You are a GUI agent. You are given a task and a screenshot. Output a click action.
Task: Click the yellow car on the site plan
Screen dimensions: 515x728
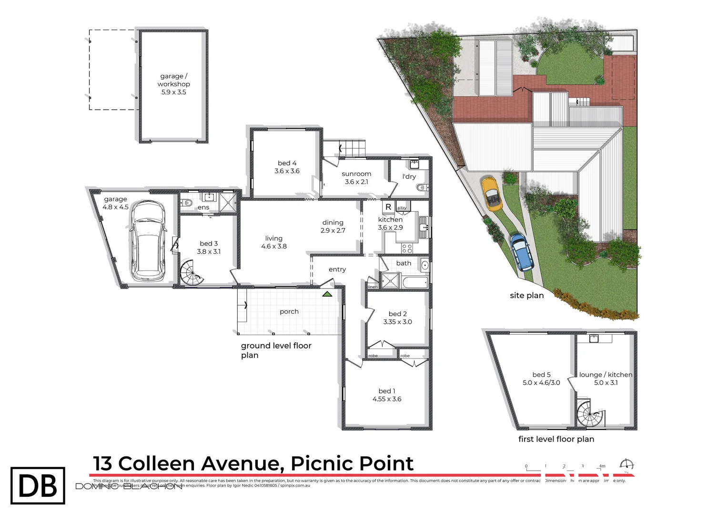[x=492, y=194]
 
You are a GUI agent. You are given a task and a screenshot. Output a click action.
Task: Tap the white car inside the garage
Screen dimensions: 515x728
[x=148, y=241]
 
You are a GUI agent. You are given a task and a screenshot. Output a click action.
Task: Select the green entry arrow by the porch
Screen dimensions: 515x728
[x=327, y=294]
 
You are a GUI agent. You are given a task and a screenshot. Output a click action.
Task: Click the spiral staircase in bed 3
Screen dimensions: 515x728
[x=192, y=274]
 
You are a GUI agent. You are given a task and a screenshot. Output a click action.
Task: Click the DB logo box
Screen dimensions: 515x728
[x=38, y=485]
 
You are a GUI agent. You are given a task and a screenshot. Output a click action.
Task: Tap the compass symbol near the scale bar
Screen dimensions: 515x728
[x=627, y=465]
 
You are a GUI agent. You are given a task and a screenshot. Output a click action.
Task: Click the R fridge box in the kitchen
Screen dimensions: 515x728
[x=388, y=207]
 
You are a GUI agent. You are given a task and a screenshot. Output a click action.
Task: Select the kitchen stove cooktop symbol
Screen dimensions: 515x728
[x=407, y=248]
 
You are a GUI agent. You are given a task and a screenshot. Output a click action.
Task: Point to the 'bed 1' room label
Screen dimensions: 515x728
[x=387, y=391]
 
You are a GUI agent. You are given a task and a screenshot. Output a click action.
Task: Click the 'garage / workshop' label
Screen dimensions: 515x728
[x=174, y=80]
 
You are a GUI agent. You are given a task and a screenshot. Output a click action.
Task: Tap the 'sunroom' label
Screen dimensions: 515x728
[x=356, y=174]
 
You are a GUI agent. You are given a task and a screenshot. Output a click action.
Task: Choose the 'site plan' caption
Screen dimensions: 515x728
[x=526, y=296]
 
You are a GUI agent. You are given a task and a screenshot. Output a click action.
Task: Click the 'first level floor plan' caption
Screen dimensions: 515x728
[x=556, y=439]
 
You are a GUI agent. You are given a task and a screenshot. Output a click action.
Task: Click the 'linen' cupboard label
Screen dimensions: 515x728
[x=373, y=287]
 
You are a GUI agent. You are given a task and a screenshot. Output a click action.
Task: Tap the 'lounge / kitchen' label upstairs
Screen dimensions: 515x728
[x=606, y=375]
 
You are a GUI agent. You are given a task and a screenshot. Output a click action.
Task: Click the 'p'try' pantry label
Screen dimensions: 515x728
[x=402, y=208]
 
